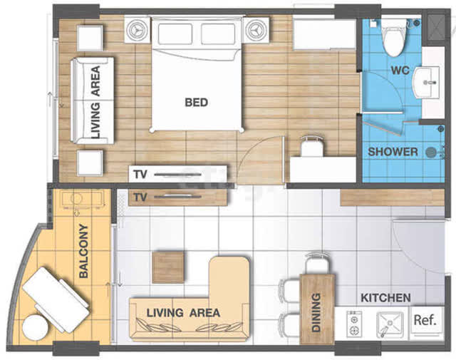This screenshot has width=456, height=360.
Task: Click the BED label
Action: pos(197,103)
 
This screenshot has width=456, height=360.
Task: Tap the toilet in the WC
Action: pos(394,38)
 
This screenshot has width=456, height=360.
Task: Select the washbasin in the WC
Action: pos(427,83)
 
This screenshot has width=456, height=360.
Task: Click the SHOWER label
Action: pos(393,152)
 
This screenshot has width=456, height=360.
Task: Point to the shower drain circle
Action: pos(431,153)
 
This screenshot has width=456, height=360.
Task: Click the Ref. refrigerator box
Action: pos(425,321)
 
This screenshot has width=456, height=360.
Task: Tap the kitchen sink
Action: pos(390,324)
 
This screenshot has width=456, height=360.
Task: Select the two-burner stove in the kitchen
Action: pos(354,324)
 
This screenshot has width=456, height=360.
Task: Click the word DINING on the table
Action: pos(316,312)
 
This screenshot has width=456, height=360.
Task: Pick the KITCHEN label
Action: pos(385,298)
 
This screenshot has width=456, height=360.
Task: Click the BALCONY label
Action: pos(83,251)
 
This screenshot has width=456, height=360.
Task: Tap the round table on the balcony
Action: pos(35,327)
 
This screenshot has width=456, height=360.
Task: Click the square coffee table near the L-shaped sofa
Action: pos(168,267)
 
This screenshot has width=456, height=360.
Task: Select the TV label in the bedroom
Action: pos(140,175)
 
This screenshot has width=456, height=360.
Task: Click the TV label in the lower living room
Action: pos(140,197)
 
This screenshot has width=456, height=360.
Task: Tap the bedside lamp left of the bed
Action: pos(138,30)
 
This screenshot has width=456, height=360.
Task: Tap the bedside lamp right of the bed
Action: pos(256,30)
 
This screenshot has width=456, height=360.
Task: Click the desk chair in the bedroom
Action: pos(312,146)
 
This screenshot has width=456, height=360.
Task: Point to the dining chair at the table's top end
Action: pos(318,264)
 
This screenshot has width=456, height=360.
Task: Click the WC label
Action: pos(400,71)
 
